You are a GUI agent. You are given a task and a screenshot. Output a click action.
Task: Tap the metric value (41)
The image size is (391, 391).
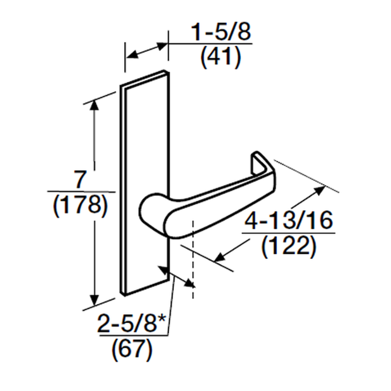click(221, 57)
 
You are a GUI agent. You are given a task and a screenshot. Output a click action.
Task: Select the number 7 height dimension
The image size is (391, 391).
click(80, 180)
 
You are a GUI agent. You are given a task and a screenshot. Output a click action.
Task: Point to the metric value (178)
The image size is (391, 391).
click(80, 205)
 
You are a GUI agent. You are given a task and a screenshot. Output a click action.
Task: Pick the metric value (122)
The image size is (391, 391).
click(289, 246)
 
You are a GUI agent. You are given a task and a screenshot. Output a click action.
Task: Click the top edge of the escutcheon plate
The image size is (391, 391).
click(144, 78)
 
